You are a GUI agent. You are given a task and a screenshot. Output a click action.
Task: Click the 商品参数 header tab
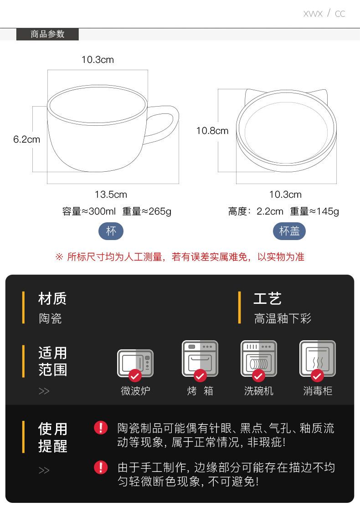click(x=47, y=34)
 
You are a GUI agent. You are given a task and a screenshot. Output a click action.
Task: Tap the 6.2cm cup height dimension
click(x=27, y=139)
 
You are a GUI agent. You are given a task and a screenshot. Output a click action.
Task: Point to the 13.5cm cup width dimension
click(x=111, y=195)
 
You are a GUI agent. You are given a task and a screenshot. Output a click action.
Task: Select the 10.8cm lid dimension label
click(x=212, y=131)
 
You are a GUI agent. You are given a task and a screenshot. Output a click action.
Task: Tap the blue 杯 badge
click(x=111, y=231)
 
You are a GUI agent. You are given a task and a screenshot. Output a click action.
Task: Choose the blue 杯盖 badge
click(x=289, y=231)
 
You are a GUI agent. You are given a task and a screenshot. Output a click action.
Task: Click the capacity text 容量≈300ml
click(x=89, y=211)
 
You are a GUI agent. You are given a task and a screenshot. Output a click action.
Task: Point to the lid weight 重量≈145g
click(x=314, y=211)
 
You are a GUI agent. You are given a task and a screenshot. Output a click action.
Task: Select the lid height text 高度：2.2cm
click(x=256, y=211)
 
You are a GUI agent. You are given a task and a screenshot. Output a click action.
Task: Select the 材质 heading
click(x=52, y=299)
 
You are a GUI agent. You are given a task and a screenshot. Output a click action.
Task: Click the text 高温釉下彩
click(x=283, y=318)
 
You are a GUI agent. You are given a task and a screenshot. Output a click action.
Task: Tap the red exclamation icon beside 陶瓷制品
click(x=101, y=427)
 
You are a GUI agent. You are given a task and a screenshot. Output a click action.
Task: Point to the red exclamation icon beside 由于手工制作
click(x=101, y=467)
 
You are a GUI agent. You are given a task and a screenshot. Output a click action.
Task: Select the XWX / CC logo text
click(x=324, y=13)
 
